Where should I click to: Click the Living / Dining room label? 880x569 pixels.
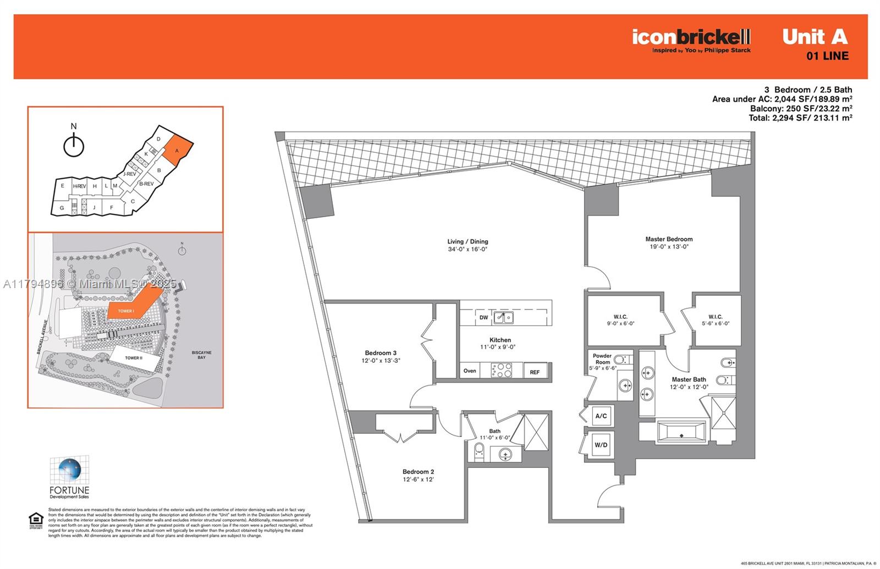click(x=468, y=242)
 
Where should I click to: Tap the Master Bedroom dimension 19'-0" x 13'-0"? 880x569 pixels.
click(x=669, y=247)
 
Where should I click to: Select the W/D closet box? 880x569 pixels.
click(x=601, y=445)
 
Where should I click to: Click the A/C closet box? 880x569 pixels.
click(x=601, y=416)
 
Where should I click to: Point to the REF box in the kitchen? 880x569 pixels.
click(x=535, y=372)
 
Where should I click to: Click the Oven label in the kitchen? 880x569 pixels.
click(x=470, y=371)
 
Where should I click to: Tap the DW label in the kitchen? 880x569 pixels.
click(x=483, y=318)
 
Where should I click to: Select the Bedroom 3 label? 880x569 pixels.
click(x=381, y=353)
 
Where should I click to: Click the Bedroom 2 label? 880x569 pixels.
click(x=418, y=472)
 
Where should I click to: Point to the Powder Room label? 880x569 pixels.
click(x=602, y=359)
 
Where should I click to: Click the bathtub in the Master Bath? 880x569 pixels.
click(x=681, y=433)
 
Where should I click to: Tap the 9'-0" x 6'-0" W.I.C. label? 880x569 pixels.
click(x=620, y=323)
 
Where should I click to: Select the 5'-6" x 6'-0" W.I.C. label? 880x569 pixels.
click(x=716, y=323)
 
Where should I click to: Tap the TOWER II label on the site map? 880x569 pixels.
click(x=133, y=358)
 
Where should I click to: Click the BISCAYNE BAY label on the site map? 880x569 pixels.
click(x=201, y=355)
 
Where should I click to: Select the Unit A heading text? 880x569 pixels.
click(x=815, y=37)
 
